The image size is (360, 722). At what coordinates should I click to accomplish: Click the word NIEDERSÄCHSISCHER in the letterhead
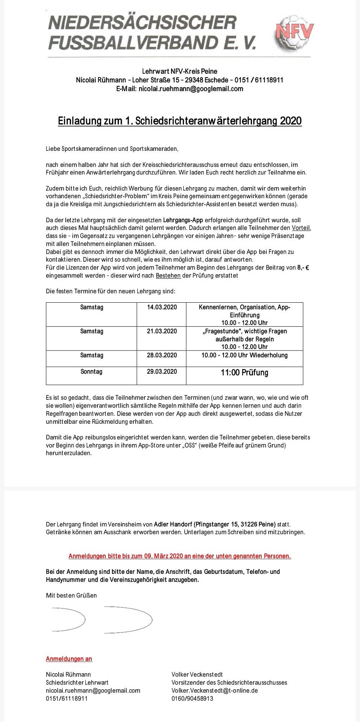tap(142, 23)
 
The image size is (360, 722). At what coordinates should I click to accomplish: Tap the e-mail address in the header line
tap(191, 89)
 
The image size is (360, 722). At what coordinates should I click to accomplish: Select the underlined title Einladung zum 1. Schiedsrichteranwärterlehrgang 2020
tap(180, 121)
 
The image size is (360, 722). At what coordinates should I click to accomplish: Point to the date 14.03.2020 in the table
tap(162, 307)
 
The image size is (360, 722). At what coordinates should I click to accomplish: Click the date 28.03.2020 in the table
tap(162, 355)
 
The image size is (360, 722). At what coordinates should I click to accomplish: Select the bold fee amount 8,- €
tap(303, 268)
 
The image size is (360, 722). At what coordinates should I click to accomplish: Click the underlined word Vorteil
tap(301, 228)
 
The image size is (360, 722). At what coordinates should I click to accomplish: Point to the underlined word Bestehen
tap(168, 276)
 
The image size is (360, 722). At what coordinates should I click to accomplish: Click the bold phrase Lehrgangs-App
tap(183, 220)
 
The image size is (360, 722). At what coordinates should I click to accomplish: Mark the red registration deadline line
tap(180, 556)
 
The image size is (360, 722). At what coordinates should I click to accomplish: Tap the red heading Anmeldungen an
tap(69, 659)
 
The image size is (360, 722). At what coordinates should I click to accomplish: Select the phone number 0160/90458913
tap(192, 698)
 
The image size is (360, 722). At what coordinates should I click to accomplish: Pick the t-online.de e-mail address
tap(215, 690)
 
